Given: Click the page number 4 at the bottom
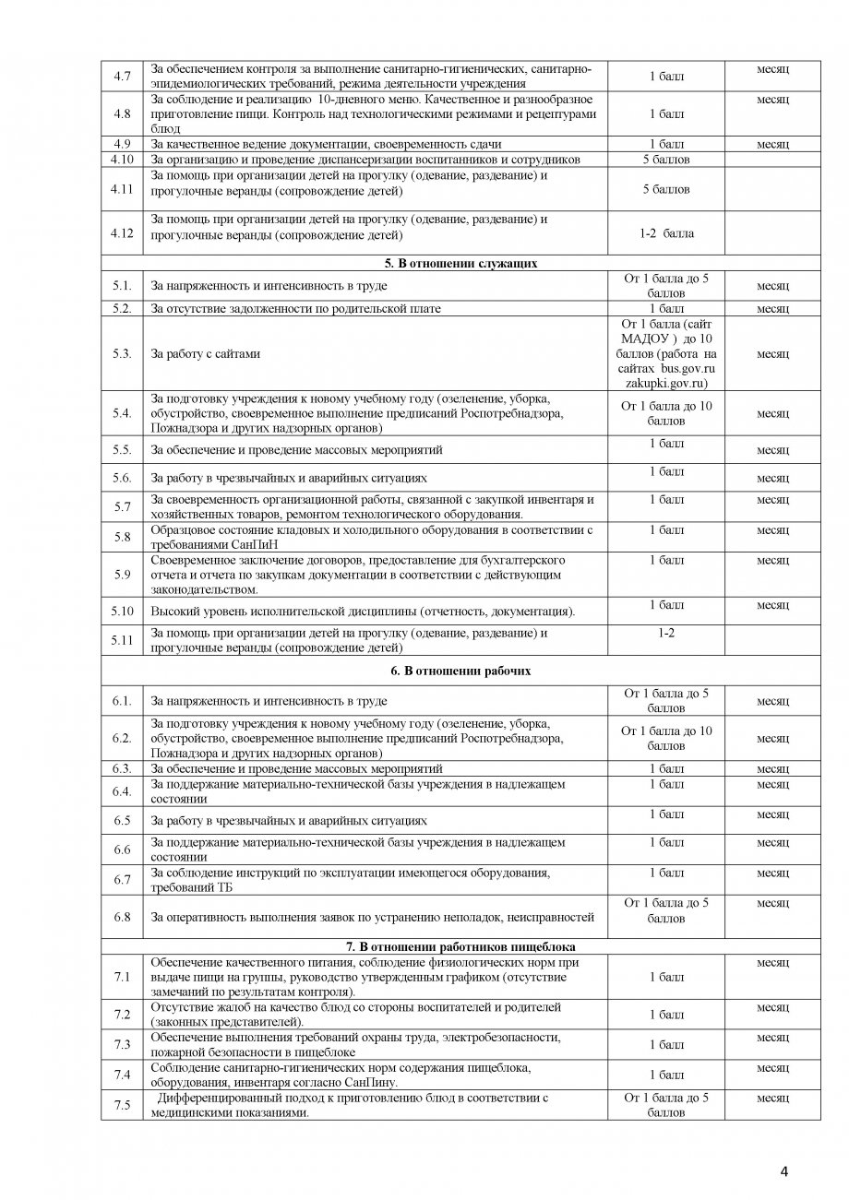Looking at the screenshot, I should click(783, 1172).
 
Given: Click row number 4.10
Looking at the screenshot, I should click(122, 160).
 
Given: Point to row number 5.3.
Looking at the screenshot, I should click(122, 354).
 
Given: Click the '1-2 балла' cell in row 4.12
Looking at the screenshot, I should click(665, 233).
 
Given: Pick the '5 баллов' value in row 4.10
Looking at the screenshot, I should click(665, 160).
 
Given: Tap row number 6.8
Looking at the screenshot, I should click(122, 917).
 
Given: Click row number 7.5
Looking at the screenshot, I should click(122, 1105).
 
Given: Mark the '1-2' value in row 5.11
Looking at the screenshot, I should click(665, 634).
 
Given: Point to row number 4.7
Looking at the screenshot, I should click(122, 75).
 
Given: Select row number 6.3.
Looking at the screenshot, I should click(122, 768).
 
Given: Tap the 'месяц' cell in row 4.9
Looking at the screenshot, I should click(772, 145).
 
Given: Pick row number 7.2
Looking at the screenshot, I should click(122, 1015).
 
